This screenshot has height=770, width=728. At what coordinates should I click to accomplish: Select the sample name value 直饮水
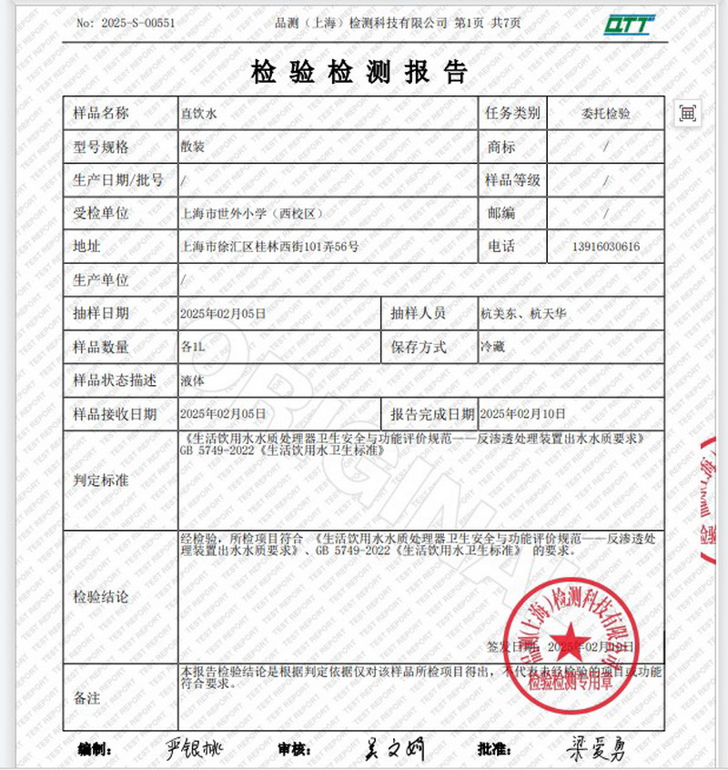[197, 114]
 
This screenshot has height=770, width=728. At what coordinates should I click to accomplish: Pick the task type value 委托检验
[605, 114]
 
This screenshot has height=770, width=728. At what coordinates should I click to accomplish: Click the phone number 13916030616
[605, 247]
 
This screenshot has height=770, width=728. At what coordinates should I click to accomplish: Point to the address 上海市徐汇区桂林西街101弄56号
[270, 247]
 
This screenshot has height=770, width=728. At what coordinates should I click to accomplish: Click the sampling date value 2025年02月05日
[223, 313]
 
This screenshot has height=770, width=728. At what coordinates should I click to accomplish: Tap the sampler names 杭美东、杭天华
[522, 313]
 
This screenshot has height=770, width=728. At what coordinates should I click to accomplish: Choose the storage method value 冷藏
[491, 347]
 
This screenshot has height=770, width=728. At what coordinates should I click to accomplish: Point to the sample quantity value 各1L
[195, 347]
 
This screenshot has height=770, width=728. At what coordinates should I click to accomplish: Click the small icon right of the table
[687, 113]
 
